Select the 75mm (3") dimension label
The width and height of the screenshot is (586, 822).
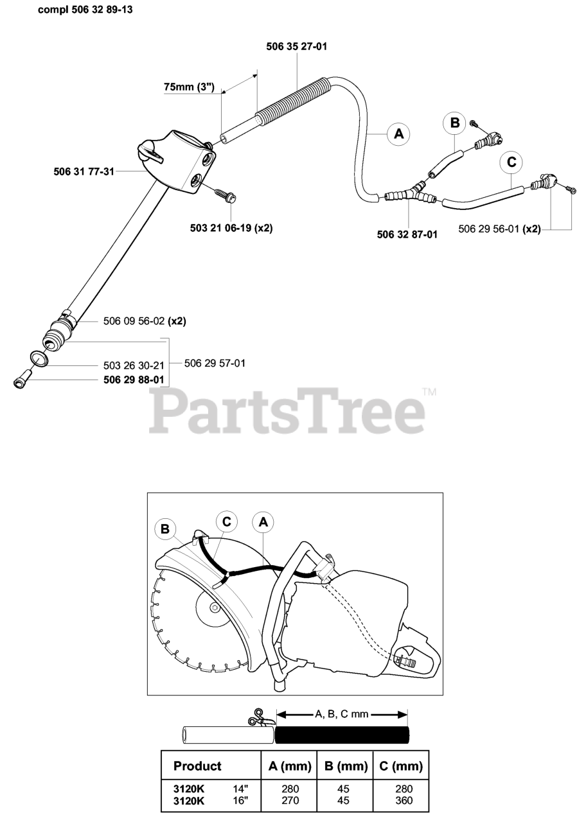(188, 87)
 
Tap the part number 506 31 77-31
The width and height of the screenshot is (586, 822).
(84, 171)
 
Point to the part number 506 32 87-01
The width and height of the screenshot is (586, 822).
(407, 234)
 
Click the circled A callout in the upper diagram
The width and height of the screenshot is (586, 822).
(398, 134)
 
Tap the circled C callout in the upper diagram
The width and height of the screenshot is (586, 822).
(511, 162)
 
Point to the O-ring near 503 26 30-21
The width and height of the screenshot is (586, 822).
(39, 358)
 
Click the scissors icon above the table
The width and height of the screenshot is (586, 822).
(259, 717)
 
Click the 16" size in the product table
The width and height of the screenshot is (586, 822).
(242, 800)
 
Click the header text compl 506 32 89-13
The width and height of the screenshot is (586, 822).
(86, 10)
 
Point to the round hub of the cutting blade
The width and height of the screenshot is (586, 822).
(209, 606)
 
